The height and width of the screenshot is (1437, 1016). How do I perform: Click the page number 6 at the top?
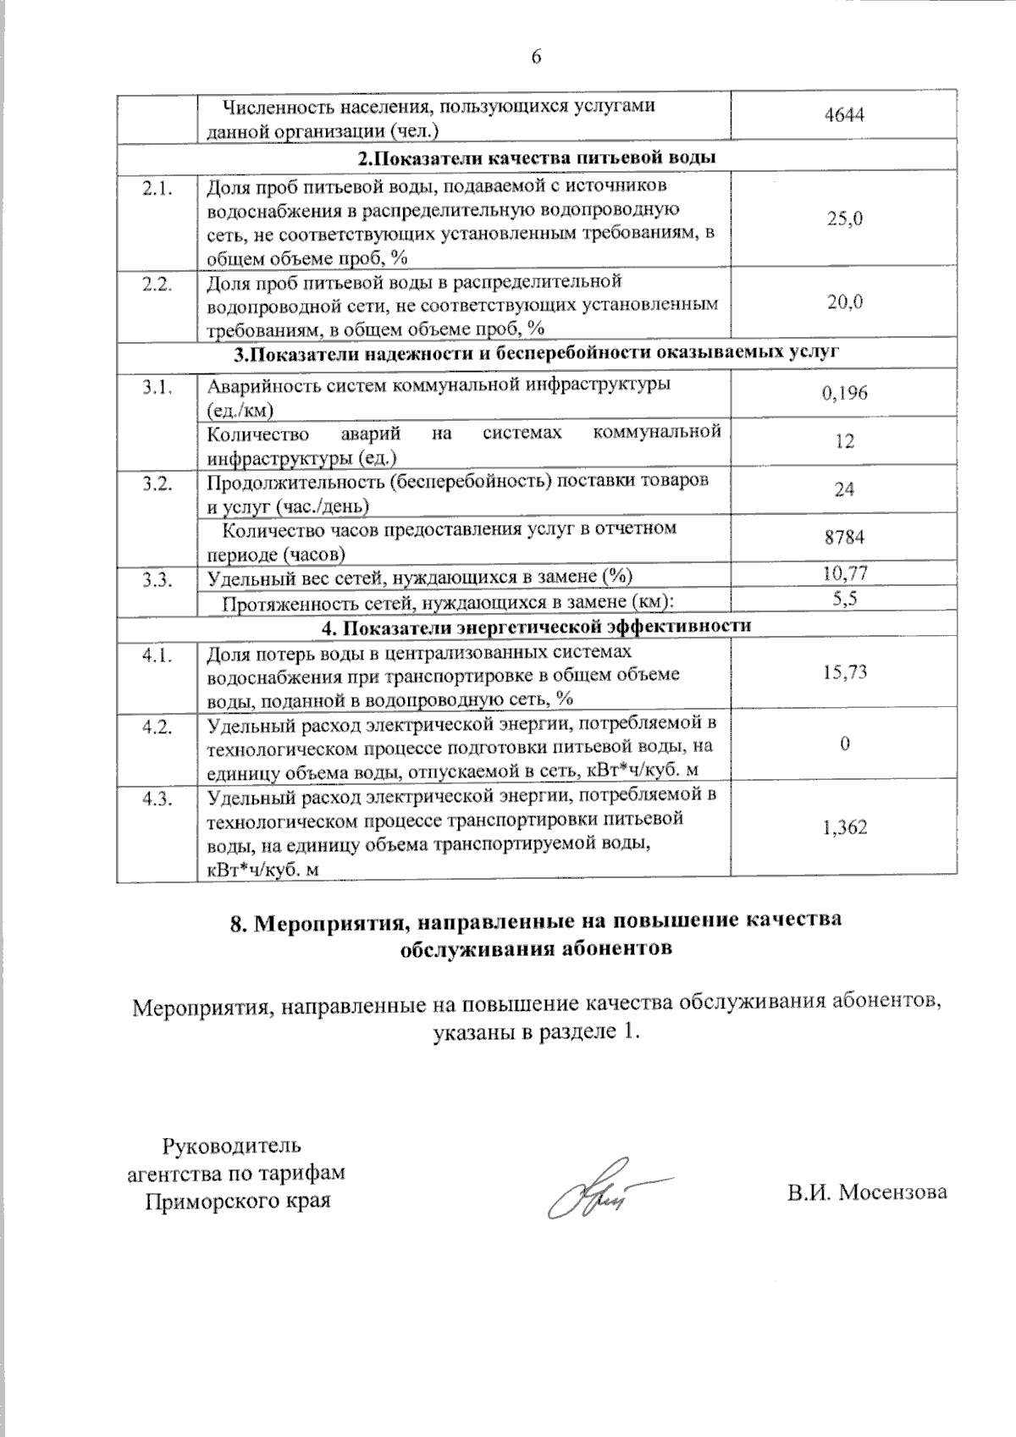pos(536,57)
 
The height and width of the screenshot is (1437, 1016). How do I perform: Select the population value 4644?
pos(843,116)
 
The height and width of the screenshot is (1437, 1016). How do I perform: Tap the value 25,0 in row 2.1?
pos(844,218)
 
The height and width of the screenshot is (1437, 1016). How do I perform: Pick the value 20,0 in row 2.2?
pos(844,302)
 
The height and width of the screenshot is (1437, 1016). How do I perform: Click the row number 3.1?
pos(157,387)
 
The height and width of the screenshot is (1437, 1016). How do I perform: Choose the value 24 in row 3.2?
pos(844,489)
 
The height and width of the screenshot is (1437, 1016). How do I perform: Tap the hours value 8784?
pos(844,538)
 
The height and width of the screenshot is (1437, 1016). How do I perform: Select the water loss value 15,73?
pos(844,672)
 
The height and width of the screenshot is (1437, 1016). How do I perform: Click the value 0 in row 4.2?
pos(844,743)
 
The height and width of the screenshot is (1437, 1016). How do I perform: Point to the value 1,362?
pos(844,827)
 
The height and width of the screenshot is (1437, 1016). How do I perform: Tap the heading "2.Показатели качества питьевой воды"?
pos(537,158)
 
